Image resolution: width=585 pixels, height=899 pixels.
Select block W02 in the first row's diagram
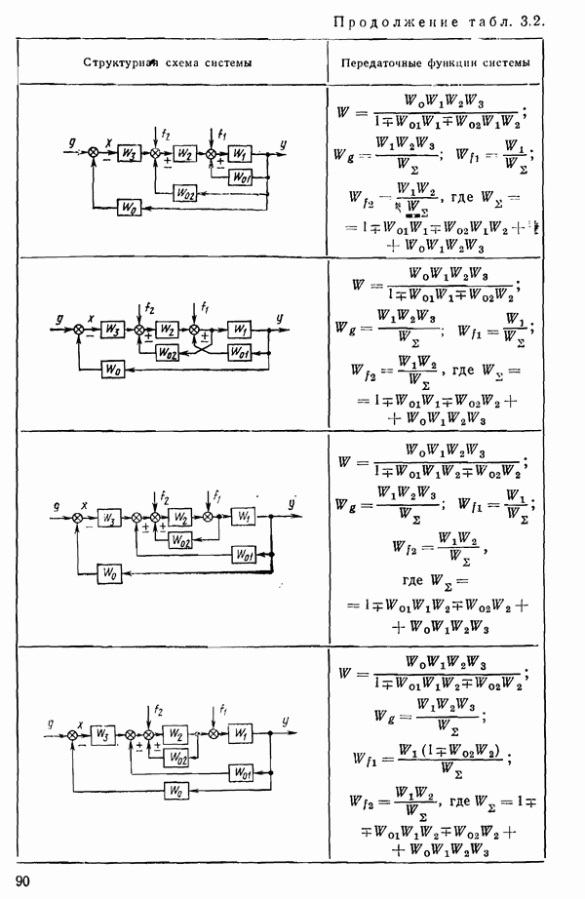tap(186, 192)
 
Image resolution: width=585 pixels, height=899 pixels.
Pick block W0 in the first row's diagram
tap(127, 208)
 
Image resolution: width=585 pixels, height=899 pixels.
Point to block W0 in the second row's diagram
tap(114, 369)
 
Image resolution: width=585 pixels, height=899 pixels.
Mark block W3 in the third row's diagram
tap(112, 518)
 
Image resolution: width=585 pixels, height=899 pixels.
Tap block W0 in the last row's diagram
tap(175, 792)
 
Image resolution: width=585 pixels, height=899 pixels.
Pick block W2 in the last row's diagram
tap(176, 733)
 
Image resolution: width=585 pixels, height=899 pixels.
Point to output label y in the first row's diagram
tap(281, 143)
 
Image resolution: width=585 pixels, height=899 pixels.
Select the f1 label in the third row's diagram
tap(218, 493)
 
